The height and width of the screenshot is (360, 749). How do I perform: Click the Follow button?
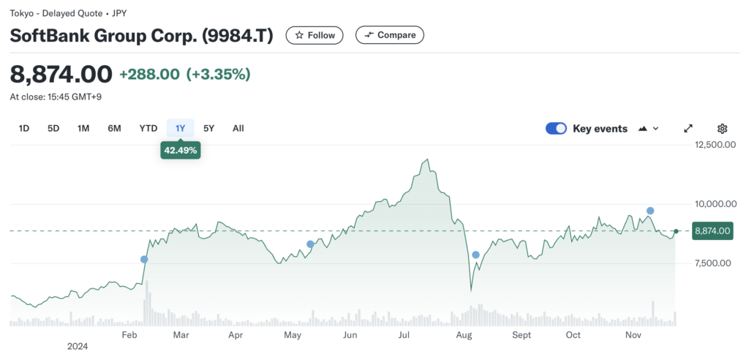click(315, 35)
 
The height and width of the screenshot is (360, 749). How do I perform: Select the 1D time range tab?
click(24, 129)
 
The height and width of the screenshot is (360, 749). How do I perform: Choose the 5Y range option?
click(209, 129)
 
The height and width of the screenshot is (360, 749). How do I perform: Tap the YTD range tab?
click(148, 129)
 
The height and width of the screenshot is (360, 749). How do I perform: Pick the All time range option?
click(238, 129)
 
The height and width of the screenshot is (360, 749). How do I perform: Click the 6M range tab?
click(114, 129)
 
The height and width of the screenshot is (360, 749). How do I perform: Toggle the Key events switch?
click(557, 129)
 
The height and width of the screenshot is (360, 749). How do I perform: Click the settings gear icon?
click(722, 129)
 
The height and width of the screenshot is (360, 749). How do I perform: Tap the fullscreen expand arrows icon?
click(688, 129)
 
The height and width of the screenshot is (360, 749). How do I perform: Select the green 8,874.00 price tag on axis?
click(712, 231)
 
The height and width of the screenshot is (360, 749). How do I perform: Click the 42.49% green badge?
click(180, 151)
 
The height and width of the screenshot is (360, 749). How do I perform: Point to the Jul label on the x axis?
click(403, 334)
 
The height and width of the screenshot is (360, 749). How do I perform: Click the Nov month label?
click(633, 334)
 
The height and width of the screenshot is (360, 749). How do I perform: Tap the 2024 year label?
click(77, 346)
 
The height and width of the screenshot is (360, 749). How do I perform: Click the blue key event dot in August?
click(476, 255)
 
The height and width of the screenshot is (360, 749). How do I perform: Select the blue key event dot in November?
click(650, 211)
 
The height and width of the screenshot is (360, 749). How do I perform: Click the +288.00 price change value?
click(149, 75)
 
